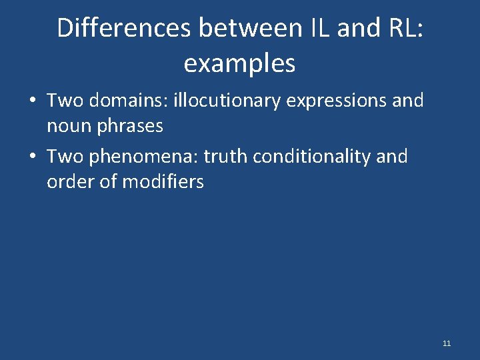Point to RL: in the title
(x=401, y=28)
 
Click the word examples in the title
(x=239, y=63)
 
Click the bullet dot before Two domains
(x=32, y=101)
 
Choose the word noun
(x=67, y=125)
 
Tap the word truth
(x=225, y=157)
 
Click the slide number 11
(x=447, y=343)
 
